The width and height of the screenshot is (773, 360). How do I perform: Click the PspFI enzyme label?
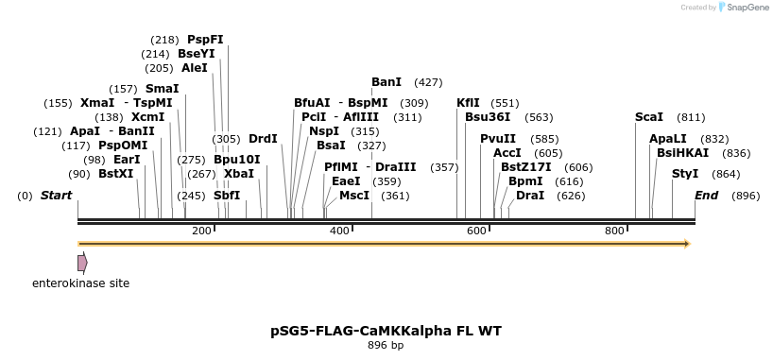(205, 40)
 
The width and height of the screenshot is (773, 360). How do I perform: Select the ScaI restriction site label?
(649, 117)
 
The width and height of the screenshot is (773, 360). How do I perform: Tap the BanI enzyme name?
(386, 82)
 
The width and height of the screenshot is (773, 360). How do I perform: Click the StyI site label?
(685, 174)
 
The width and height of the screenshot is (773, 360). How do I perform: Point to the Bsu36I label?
(488, 117)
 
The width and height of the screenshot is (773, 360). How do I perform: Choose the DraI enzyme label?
(530, 196)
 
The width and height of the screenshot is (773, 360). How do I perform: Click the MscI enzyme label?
(354, 196)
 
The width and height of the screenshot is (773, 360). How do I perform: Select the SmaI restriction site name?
(162, 89)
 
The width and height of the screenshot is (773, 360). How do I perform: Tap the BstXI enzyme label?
(116, 174)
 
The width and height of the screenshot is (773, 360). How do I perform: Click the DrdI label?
(263, 139)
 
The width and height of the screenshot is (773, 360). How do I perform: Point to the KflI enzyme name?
(468, 103)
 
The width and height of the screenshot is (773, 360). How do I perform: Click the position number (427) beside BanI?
(428, 82)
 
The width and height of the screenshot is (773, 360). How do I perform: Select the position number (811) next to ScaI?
(691, 117)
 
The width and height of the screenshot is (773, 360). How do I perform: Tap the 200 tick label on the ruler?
(201, 231)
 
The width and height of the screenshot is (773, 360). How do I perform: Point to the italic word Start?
(56, 196)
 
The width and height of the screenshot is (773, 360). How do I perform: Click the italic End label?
(706, 196)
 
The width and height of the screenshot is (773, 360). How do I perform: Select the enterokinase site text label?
(81, 283)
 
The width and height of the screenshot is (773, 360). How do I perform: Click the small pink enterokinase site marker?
(82, 262)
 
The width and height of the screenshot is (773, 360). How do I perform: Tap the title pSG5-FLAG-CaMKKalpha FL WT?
(386, 331)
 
